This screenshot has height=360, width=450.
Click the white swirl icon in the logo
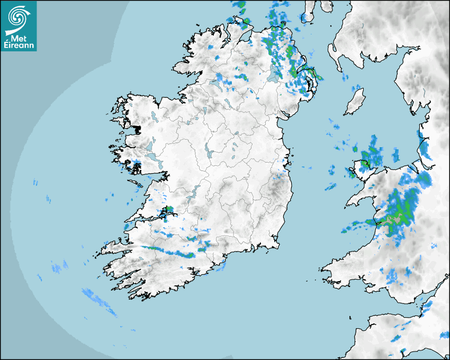pyautogui.click(x=18, y=18)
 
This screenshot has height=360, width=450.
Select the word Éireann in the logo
pyautogui.click(x=19, y=46)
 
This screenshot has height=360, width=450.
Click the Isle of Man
pyautogui.click(x=355, y=102)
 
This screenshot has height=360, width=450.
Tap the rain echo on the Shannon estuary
pyautogui.click(x=168, y=213)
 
